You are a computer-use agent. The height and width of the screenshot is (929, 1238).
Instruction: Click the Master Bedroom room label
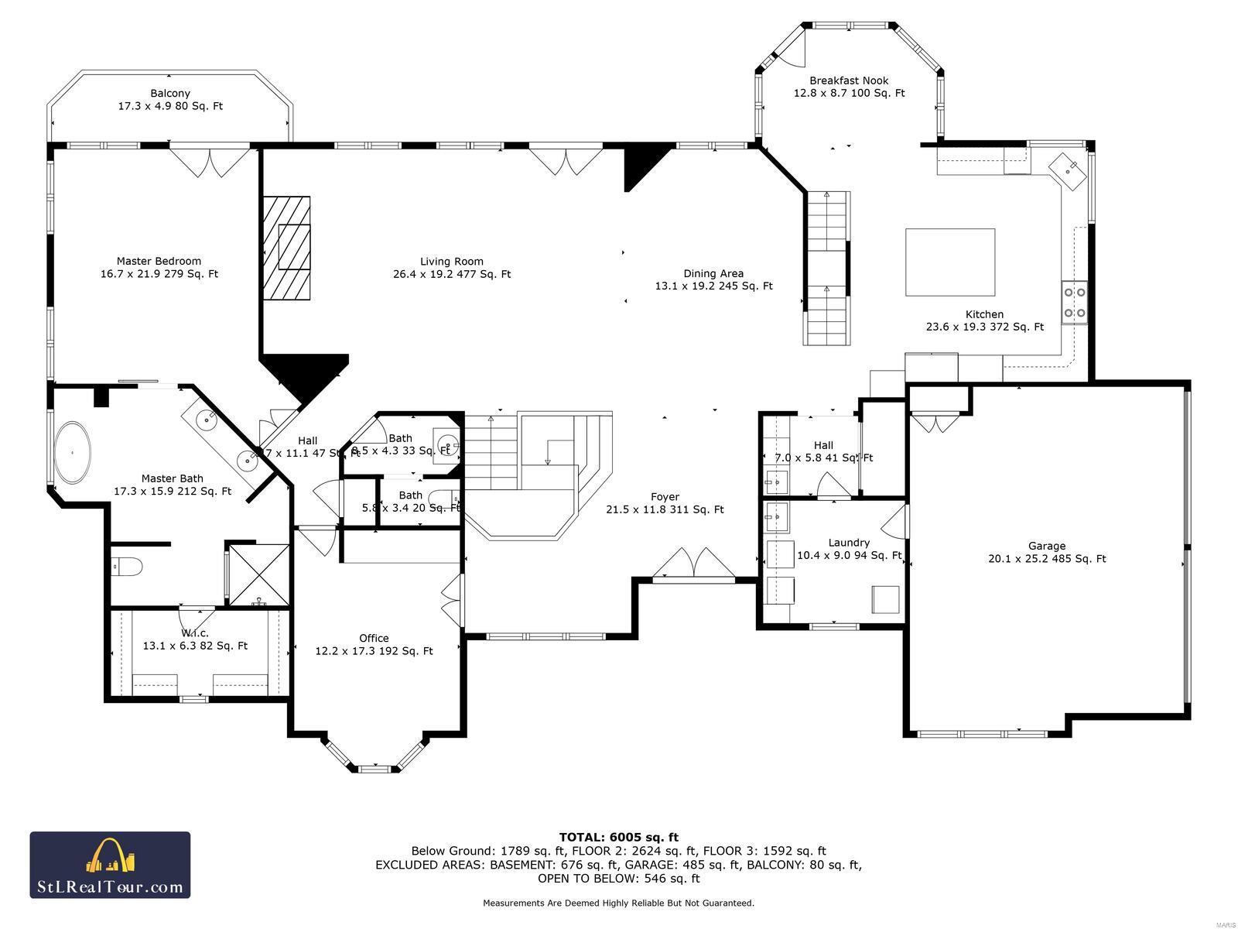point(159,267)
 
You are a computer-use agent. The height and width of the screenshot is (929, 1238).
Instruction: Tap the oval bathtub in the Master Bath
point(74,452)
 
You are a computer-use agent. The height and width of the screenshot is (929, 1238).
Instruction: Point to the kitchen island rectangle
point(950,262)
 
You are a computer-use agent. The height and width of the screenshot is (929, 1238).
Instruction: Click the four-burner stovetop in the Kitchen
point(1075,303)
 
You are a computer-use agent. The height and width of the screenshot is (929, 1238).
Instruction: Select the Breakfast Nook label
point(849,87)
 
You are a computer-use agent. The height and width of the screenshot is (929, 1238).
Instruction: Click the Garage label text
point(1046,552)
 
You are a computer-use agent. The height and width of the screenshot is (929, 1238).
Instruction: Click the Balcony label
point(170,100)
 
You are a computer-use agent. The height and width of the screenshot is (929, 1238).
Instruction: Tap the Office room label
point(374,645)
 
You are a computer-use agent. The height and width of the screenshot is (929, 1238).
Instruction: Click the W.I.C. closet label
point(194,639)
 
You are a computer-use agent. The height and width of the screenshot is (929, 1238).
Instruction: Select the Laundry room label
point(849,549)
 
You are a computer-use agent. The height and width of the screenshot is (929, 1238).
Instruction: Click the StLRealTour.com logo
point(110,865)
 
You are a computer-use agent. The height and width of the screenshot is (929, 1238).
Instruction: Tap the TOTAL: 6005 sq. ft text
point(618,837)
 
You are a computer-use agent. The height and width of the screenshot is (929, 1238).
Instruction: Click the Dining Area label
point(713,279)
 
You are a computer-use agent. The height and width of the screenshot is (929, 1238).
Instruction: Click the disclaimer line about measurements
point(618,903)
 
